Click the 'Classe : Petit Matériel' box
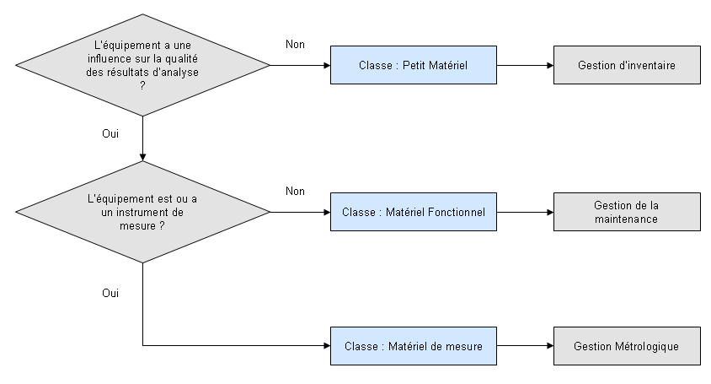click(413, 65)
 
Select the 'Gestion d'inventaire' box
click(627, 65)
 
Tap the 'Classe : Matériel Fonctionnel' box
click(413, 212)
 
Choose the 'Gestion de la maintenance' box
click(627, 212)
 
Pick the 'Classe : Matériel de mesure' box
click(413, 346)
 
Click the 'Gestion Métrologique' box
click(627, 346)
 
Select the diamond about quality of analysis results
click(143, 65)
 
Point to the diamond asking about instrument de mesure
click(143, 212)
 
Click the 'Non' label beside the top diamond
click(295, 45)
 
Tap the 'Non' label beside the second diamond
click(295, 192)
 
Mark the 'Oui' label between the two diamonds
click(110, 133)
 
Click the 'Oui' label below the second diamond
click(110, 293)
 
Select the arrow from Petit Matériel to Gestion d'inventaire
click(525, 65)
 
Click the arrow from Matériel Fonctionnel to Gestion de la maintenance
click(525, 212)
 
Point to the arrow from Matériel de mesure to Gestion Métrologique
click(525, 346)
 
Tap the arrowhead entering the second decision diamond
click(143, 157)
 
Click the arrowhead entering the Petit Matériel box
click(325, 65)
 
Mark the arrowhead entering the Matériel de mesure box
click(325, 346)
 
